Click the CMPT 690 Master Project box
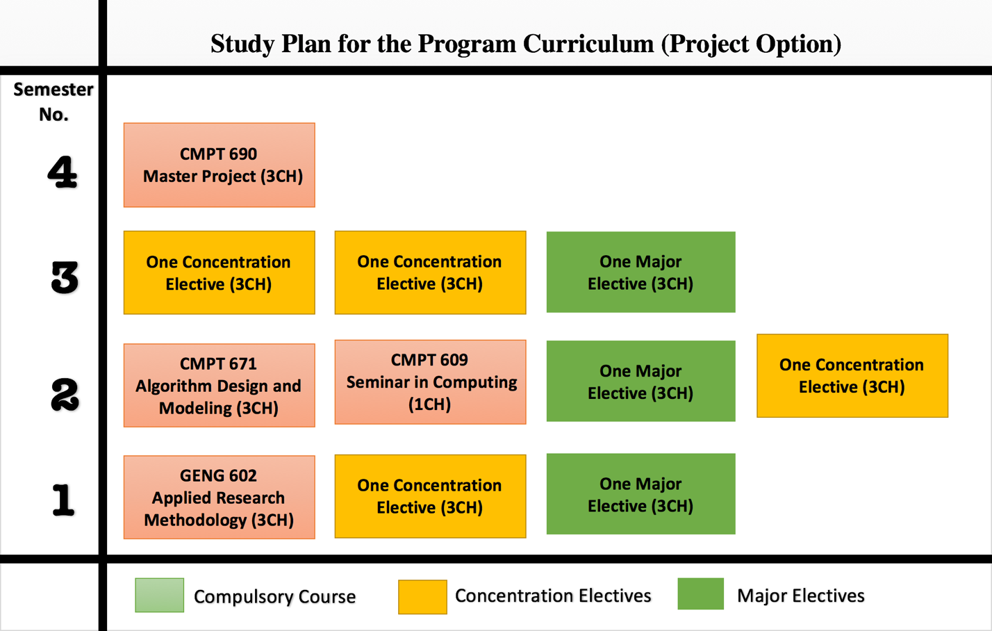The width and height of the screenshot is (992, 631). click(220, 165)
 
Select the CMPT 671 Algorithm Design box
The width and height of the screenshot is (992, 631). click(220, 385)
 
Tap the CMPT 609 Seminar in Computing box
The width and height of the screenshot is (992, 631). click(431, 382)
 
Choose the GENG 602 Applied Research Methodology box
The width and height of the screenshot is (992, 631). click(220, 497)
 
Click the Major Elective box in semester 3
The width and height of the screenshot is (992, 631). click(640, 272)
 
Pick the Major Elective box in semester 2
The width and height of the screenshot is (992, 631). click(640, 381)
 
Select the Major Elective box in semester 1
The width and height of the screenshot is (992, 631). click(640, 493)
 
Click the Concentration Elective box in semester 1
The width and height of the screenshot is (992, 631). click(431, 496)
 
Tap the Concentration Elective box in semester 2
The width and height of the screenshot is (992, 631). click(852, 376)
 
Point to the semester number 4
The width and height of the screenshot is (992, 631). click(63, 172)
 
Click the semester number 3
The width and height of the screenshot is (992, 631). click(65, 277)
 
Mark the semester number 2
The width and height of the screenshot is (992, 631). click(65, 395)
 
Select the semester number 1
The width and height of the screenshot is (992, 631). click(63, 500)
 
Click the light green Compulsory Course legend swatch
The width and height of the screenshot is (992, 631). click(160, 595)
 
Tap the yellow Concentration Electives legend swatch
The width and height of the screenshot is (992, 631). click(422, 597)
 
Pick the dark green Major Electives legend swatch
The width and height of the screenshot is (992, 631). click(701, 593)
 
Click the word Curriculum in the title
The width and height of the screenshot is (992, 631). click(588, 44)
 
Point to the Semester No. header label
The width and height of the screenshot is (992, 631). click(53, 102)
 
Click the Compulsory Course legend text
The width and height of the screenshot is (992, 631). click(275, 597)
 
